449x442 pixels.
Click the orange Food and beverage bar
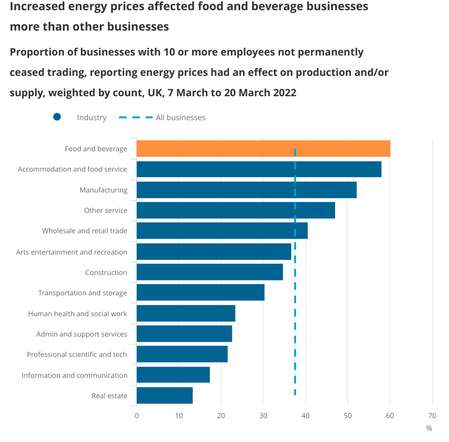[263, 149]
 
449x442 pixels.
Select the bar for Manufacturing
[247, 190]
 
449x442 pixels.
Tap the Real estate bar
[165, 396]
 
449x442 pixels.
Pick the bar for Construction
[209, 272]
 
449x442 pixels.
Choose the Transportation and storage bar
[200, 293]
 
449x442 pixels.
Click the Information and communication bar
[173, 375]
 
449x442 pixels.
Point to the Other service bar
[236, 210]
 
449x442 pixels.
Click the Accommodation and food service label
[72, 169]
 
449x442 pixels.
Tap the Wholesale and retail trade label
[84, 231]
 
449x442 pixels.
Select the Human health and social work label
[77, 314]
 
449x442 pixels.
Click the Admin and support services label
[81, 334]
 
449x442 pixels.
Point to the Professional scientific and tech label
[77, 354]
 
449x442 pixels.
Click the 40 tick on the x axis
[305, 416]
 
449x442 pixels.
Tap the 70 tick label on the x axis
[432, 416]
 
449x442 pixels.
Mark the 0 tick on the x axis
[137, 416]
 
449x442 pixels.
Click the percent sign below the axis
[429, 428]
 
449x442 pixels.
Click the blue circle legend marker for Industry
[57, 117]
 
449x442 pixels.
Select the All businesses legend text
[181, 118]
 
